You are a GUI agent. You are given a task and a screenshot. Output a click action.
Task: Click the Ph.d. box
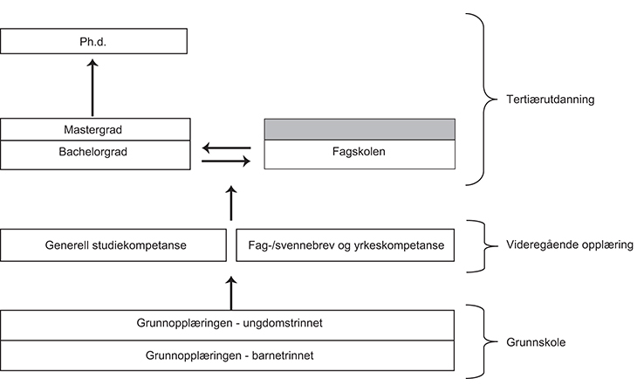[x=94, y=41]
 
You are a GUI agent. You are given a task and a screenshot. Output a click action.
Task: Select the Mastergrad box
[x=94, y=130]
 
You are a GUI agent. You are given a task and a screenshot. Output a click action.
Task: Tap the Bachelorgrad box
[x=94, y=152]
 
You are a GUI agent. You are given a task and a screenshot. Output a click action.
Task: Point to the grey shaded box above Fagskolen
[x=359, y=129]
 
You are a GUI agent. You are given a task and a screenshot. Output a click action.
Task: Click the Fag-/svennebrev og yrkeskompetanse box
[x=346, y=245]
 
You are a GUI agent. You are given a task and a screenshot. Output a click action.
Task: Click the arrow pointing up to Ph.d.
[x=92, y=87]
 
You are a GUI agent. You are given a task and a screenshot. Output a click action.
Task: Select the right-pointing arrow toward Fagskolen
[x=225, y=160]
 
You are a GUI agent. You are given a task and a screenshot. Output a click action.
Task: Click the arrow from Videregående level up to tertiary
[x=231, y=203]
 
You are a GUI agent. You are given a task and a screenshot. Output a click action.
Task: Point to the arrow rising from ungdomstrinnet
[x=231, y=292]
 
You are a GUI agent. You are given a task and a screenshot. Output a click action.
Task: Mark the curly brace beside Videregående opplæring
[x=476, y=245]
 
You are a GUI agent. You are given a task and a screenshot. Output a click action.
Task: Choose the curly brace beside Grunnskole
[x=476, y=341]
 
